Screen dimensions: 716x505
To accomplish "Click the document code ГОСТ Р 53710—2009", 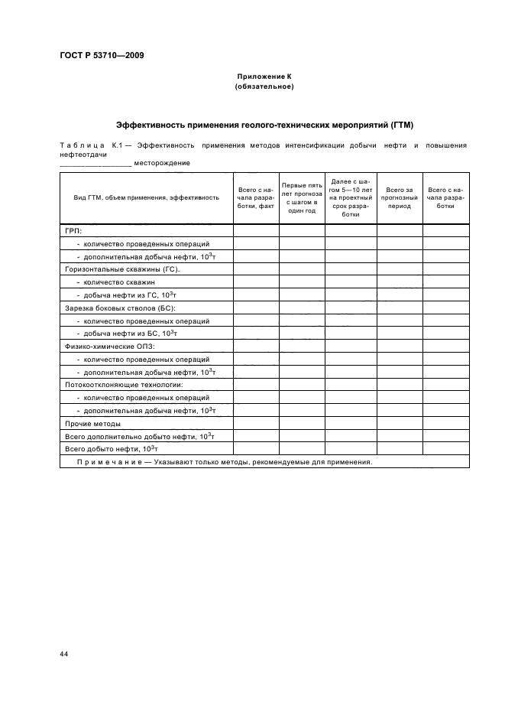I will pyautogui.click(x=102, y=56).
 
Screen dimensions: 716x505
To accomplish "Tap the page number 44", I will pyautogui.click(x=63, y=654).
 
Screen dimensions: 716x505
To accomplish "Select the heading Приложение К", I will pyautogui.click(x=264, y=77).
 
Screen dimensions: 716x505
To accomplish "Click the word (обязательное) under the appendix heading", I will pyautogui.click(x=264, y=86).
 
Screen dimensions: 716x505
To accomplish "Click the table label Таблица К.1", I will pyautogui.click(x=86, y=145).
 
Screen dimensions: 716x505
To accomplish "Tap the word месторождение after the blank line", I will pyautogui.click(x=162, y=163).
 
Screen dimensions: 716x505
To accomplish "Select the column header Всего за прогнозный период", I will pyautogui.click(x=400, y=197).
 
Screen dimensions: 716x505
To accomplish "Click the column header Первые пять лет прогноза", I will pyautogui.click(x=301, y=197).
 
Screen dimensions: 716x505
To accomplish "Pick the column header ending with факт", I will pyautogui.click(x=255, y=197).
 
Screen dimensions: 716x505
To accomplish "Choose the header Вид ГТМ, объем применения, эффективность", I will pyautogui.click(x=146, y=197).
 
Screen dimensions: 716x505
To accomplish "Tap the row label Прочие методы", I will pyautogui.click(x=92, y=423).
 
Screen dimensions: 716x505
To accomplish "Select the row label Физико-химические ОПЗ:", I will pyautogui.click(x=110, y=346).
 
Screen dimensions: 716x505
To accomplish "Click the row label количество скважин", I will pyautogui.click(x=119, y=282).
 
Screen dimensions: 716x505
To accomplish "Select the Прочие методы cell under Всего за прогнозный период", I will pyautogui.click(x=400, y=423).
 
